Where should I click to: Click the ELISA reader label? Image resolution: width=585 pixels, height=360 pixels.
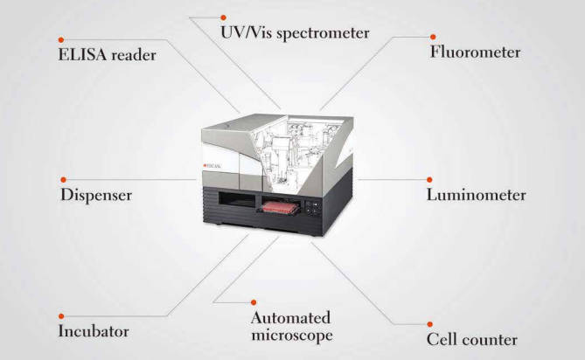coord(107,55)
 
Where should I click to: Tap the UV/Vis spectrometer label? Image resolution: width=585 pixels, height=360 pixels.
coord(295,33)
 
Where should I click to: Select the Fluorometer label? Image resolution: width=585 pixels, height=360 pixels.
coord(476,52)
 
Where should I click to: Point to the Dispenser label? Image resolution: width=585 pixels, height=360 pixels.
coord(96,195)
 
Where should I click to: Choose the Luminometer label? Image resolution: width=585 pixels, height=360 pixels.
coord(476,195)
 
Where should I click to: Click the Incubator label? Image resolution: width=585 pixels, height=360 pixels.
coord(94,331)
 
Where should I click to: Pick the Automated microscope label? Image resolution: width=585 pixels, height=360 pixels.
coord(292,327)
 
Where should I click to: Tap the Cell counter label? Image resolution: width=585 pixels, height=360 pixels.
coord(472,340)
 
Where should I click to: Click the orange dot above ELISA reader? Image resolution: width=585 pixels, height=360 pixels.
coord(61,40)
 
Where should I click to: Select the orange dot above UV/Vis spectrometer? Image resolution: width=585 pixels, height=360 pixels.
coord(223,17)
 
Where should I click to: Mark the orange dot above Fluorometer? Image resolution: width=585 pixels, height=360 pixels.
coord(433,37)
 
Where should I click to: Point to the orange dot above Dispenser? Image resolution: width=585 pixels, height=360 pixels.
coord(64,180)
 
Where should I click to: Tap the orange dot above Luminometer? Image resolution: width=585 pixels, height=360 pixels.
coord(429,180)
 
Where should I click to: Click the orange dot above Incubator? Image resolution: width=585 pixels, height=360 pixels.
coord(61,316)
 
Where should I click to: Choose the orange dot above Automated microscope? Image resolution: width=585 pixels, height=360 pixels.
coord(254,302)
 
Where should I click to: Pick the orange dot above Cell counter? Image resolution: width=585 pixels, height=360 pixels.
coord(430,324)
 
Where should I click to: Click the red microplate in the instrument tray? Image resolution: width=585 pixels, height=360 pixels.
coord(280,208)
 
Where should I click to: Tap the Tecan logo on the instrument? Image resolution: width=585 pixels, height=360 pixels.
coord(212,165)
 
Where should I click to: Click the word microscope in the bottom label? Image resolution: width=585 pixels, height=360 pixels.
coord(292,335)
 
